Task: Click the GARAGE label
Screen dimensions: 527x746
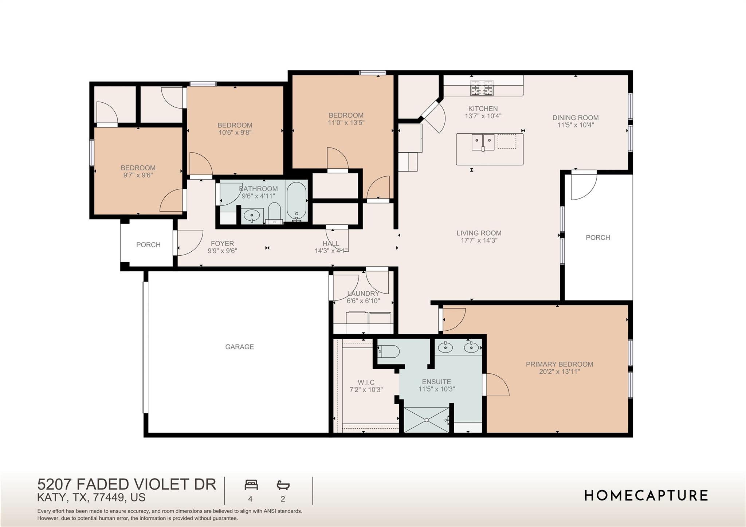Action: coord(239,347)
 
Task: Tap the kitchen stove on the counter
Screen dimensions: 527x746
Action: coord(482,88)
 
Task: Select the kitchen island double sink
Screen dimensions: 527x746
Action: coord(483,142)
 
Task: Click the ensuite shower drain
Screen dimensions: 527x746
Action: coord(426,420)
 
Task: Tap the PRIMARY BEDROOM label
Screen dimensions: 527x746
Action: coord(559,364)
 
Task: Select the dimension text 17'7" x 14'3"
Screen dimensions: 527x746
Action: coord(479,240)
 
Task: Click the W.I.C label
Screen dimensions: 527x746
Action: coord(366,382)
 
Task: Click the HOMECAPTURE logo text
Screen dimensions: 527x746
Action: coord(646,496)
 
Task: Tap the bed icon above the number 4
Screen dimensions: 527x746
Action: coord(251,485)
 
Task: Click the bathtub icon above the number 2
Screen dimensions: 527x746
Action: coord(283,485)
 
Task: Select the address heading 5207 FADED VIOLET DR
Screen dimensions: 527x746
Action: coord(127,484)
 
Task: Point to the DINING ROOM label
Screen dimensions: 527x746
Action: coord(575,118)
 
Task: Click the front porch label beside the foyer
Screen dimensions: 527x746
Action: coord(148,245)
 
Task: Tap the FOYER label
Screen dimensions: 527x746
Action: coord(222,243)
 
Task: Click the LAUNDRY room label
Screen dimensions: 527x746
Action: coord(363,294)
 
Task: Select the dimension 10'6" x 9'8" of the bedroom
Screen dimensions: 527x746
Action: coord(235,133)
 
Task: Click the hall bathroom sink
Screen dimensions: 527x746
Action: coord(252,216)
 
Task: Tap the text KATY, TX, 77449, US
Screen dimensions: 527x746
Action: coord(91,497)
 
